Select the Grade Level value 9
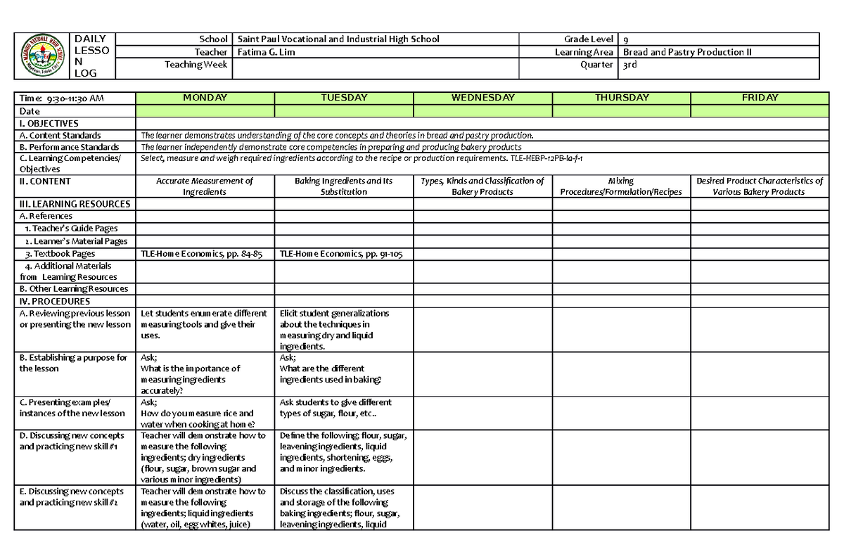coord(626,39)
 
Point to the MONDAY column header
coord(205,98)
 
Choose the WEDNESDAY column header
coord(482,98)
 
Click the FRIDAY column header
coord(760,98)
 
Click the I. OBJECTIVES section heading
coord(49,123)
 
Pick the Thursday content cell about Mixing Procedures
coord(621,186)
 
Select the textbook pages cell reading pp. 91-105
coord(341,254)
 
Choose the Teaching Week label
coord(196,65)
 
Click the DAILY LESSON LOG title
coord(91,56)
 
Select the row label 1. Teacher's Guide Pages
coord(70,228)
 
